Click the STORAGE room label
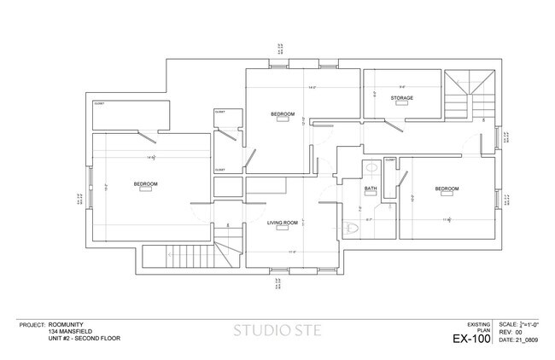[x=402, y=98]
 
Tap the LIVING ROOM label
[x=282, y=223]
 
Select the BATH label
[x=371, y=189]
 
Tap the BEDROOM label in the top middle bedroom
[x=283, y=114]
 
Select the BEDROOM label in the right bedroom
[x=447, y=189]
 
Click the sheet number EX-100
[x=472, y=340]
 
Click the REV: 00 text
[x=511, y=333]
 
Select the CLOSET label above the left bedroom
[x=100, y=103]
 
